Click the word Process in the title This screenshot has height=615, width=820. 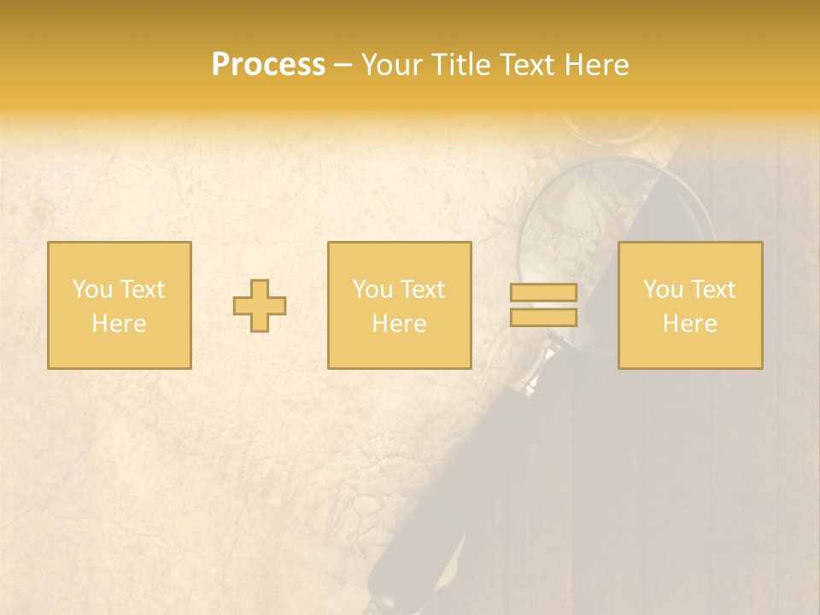[268, 65]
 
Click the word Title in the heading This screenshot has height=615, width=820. [462, 65]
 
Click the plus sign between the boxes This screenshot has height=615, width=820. [260, 306]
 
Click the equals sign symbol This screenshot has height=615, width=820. [543, 305]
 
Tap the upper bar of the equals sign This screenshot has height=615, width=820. [543, 293]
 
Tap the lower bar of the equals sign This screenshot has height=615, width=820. [543, 318]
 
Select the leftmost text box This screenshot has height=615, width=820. [119, 305]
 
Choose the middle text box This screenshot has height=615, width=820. [399, 305]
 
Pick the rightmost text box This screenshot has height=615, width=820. [689, 305]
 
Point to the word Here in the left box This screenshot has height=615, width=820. [119, 324]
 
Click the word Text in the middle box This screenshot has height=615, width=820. [422, 290]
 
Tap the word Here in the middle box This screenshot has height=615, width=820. [399, 324]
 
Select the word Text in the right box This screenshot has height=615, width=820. [712, 290]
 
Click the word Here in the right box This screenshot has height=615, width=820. [689, 324]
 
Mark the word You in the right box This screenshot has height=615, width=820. [664, 290]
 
